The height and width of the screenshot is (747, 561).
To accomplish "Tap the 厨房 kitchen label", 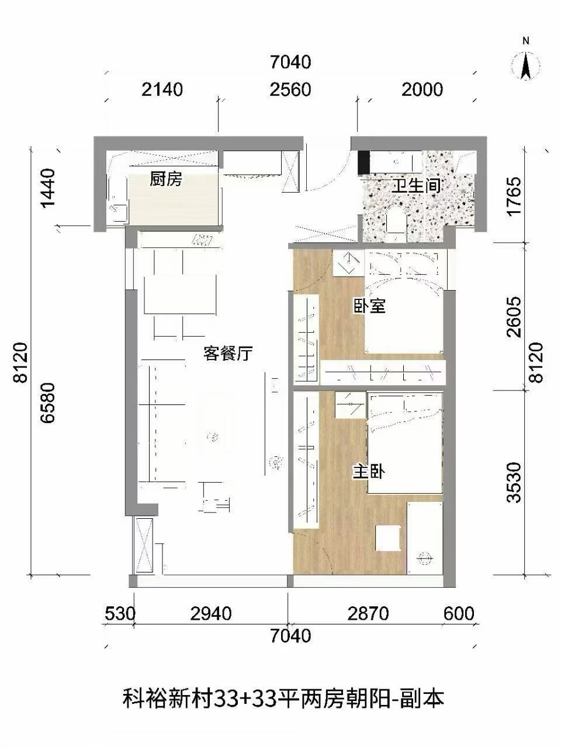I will pos(166,179).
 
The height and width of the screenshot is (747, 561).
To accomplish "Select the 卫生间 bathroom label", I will pos(415,186).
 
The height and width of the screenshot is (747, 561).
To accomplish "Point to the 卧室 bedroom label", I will pos(369,305).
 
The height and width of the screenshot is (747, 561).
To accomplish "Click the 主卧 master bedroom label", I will pos(368,472).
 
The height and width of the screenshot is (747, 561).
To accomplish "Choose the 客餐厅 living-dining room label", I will pos(228,353).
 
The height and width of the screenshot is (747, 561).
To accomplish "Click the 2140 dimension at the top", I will pos(162,89).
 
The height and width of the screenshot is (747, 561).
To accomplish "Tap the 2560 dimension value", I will pos(290,89).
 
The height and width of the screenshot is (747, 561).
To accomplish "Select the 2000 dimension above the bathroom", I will pos(423,89).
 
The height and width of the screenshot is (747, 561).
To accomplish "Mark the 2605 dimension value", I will pos(514,317).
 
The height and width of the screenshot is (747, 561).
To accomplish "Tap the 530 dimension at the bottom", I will pos(120,614).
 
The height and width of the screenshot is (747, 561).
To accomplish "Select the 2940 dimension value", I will pos(211,614).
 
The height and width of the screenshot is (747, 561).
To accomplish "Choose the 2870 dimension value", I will pos(368,614).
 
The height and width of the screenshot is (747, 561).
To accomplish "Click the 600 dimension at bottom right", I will pos(459,614).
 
